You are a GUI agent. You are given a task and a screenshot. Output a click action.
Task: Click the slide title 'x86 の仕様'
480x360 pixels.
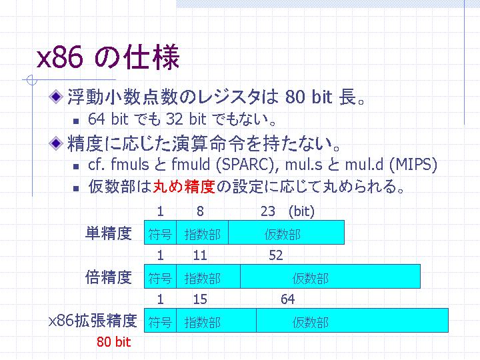(x=108, y=57)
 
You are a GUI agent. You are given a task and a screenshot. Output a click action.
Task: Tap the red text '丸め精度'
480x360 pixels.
(x=184, y=187)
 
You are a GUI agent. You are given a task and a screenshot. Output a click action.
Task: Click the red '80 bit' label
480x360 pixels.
(x=114, y=342)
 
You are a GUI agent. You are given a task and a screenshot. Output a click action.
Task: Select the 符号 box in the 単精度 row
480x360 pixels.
(x=160, y=233)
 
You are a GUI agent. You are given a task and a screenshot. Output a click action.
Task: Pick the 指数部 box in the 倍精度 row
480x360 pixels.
(x=209, y=277)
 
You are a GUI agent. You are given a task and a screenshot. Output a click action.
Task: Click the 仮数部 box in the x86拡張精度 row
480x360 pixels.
(x=353, y=320)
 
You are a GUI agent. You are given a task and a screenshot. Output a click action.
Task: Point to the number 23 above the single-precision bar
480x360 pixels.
(x=268, y=211)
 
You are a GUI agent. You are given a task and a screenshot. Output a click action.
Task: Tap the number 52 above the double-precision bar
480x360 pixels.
(x=276, y=255)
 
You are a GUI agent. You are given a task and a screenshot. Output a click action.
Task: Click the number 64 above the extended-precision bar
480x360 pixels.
(x=288, y=299)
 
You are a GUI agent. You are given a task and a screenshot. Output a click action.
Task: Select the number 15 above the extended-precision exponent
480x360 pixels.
(x=200, y=299)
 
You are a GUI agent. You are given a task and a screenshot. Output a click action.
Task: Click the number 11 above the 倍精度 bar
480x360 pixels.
(x=200, y=255)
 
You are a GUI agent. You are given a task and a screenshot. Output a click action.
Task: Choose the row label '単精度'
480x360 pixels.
(x=109, y=233)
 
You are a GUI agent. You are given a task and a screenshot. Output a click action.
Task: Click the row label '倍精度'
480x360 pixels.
(x=109, y=277)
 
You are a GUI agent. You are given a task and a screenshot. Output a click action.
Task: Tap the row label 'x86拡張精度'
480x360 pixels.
(x=93, y=321)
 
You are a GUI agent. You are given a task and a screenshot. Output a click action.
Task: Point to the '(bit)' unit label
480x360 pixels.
(x=301, y=211)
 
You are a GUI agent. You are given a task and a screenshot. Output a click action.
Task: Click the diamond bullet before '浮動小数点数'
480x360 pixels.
(x=56, y=97)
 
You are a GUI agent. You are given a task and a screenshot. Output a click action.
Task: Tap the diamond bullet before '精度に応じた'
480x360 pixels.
(x=56, y=143)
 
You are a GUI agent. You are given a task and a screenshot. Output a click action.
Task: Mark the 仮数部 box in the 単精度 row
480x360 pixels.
(x=287, y=233)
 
